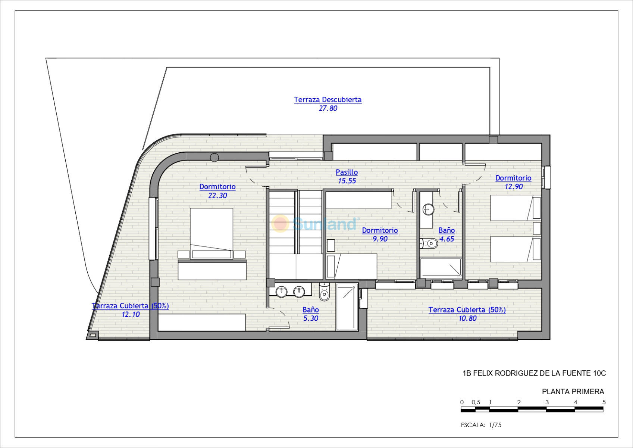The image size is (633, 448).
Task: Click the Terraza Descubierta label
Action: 328,100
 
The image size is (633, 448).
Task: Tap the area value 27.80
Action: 328,108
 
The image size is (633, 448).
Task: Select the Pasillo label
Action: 347,172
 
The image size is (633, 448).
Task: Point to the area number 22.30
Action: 217,196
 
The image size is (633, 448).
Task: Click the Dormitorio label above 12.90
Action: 514,178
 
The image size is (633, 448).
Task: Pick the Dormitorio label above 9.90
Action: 380,230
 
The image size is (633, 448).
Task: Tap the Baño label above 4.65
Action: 447,230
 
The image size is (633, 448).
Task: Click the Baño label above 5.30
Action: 311,310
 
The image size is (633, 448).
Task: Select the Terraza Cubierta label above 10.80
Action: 467,310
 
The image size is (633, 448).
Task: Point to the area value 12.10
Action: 131,314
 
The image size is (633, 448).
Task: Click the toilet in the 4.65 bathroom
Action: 429,243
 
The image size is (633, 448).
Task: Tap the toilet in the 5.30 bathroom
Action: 325,292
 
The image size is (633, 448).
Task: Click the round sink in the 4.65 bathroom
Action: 429,209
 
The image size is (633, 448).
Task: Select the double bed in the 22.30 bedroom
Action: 211,234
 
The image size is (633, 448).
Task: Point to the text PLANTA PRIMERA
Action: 573,392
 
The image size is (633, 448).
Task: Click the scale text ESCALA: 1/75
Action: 481,425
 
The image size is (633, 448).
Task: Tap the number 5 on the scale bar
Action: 604,402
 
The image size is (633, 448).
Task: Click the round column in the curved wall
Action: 214,158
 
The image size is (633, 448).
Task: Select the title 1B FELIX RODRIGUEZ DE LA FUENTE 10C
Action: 534,373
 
